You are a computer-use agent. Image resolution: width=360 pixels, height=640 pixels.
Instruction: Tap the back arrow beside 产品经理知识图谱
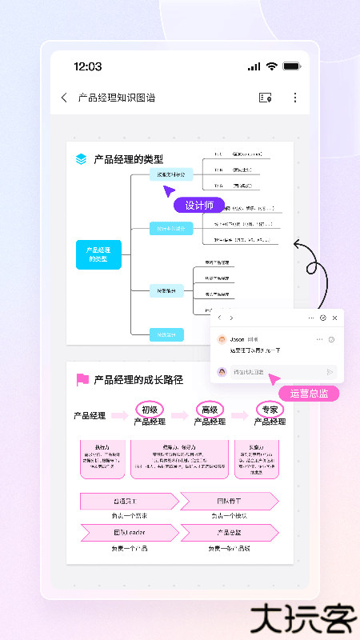[64, 98]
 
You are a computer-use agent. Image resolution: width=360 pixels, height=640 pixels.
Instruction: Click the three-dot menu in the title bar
[294, 98]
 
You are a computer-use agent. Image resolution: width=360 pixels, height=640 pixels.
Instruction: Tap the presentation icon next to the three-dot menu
[266, 98]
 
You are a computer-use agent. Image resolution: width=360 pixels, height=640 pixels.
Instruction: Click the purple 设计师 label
[199, 206]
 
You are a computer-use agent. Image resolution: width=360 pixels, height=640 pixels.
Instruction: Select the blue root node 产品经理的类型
[98, 254]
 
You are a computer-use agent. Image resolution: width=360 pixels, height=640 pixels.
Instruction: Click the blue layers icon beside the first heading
[81, 159]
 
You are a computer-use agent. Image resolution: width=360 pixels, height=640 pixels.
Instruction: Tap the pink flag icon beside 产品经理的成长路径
[82, 380]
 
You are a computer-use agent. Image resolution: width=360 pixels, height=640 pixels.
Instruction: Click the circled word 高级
[210, 410]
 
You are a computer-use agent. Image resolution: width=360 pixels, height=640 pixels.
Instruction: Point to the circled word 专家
[270, 410]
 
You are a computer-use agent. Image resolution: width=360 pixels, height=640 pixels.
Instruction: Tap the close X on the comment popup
[334, 318]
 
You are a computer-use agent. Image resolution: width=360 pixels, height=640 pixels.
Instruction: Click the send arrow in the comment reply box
[330, 372]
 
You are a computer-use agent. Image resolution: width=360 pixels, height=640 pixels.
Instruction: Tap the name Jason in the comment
[237, 339]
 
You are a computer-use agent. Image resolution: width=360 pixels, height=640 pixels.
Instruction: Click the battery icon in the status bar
[292, 66]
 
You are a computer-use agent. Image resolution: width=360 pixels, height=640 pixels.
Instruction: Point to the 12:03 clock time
[87, 66]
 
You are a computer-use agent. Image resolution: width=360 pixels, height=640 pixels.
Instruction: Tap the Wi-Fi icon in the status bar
[272, 66]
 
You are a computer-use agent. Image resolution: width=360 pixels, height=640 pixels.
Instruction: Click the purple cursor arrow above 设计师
[169, 190]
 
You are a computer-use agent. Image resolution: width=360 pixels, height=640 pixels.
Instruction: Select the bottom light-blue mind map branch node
[166, 334]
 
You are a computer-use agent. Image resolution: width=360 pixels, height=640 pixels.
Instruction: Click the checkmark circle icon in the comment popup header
[322, 318]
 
